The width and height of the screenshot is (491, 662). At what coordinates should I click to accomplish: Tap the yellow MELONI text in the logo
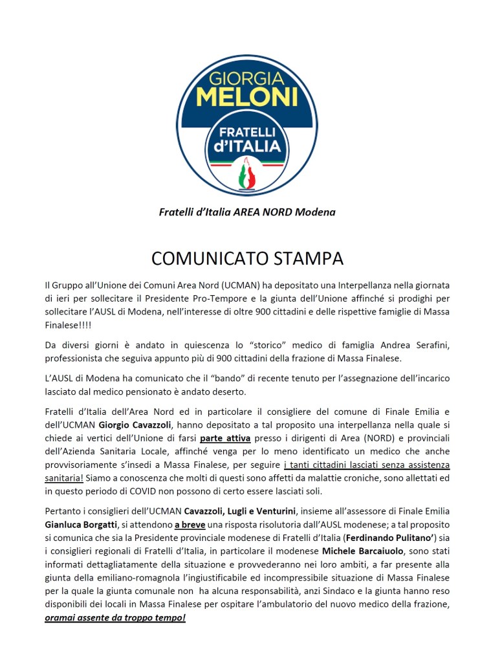[x=246, y=98]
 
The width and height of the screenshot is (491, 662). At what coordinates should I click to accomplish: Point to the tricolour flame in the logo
[x=246, y=174]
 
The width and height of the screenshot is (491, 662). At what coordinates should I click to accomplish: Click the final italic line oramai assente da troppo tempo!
[x=115, y=617]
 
